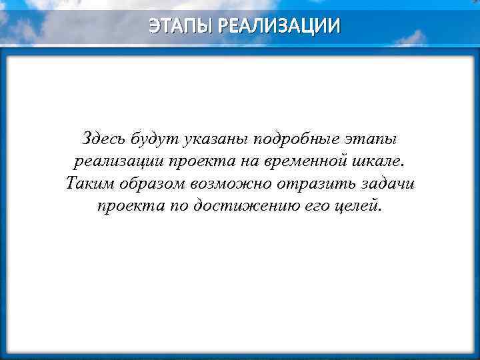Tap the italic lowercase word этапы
point(371,141)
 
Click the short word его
point(309,206)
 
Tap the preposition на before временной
point(249,162)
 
